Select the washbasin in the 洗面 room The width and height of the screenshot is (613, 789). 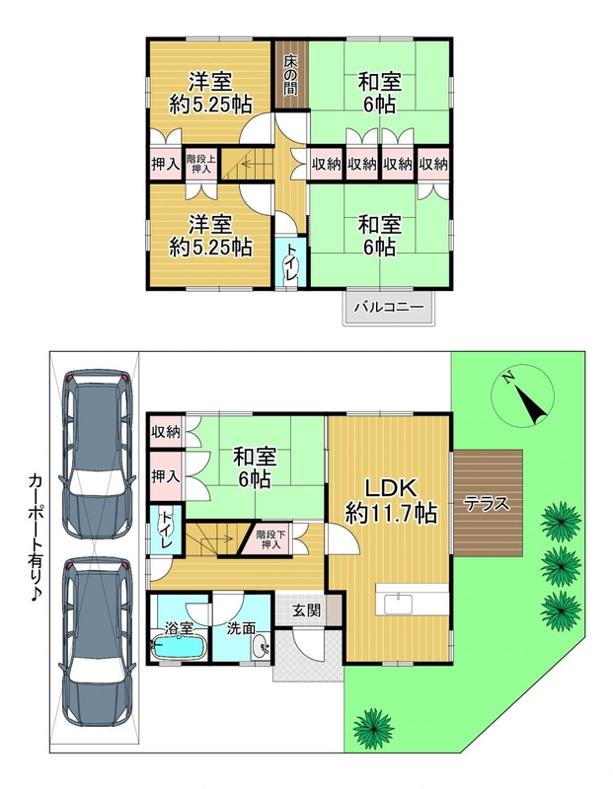[x=261, y=646]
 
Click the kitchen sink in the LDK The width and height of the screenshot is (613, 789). [x=398, y=604]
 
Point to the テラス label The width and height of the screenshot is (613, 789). [x=487, y=504]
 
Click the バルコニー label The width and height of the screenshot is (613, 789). [x=388, y=307]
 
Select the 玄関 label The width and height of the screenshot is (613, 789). [x=307, y=610]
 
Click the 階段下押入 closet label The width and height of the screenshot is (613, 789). [x=271, y=538]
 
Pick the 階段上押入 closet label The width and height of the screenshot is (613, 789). [x=201, y=164]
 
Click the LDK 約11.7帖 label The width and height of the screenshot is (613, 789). [x=390, y=500]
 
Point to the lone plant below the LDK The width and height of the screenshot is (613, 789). [x=373, y=727]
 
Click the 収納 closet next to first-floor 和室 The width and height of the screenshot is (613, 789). [x=166, y=432]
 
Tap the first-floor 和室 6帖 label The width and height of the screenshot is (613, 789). [x=255, y=467]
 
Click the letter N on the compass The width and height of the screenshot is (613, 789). [x=509, y=379]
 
